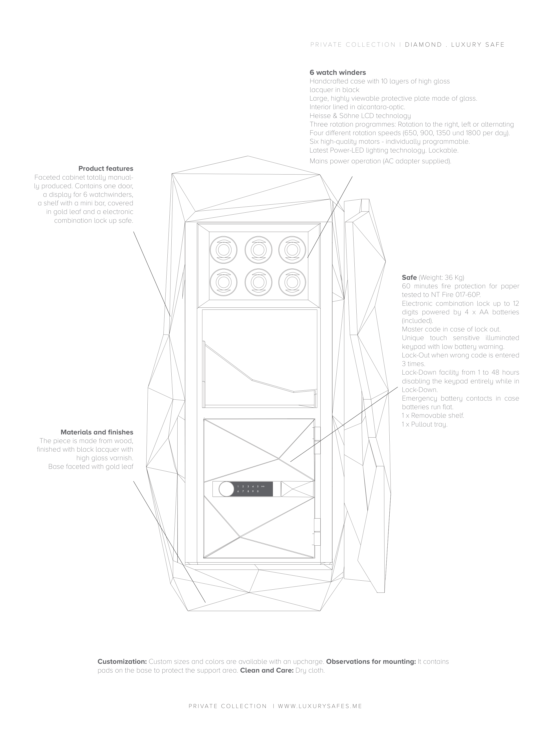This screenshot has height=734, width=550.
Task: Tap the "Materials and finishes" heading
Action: point(97,432)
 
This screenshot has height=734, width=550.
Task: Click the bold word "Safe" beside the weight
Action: point(409,277)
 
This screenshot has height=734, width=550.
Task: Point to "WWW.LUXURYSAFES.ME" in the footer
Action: point(320,716)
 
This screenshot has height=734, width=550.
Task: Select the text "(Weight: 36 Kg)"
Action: point(441,277)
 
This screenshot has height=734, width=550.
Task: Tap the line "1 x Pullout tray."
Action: point(424,424)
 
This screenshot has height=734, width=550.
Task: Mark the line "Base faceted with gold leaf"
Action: point(91,467)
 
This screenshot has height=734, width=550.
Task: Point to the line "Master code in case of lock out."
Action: point(451,329)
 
